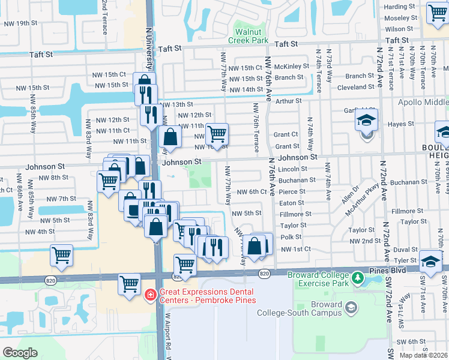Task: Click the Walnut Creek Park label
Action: click(x=252, y=35)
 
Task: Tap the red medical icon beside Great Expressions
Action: click(x=151, y=295)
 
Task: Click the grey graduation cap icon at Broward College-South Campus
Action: click(x=351, y=308)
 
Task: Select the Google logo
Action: click(x=20, y=353)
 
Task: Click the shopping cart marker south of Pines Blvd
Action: click(x=130, y=285)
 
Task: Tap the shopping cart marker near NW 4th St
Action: click(x=61, y=255)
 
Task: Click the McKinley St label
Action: click(x=292, y=66)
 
